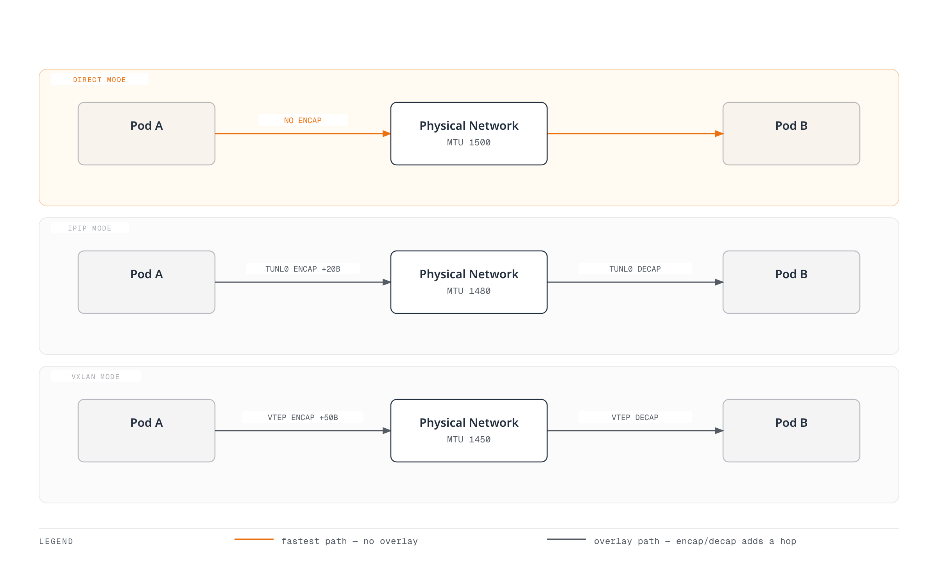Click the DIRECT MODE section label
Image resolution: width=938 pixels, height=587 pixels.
tap(99, 80)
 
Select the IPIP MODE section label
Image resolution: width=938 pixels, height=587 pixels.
tap(90, 228)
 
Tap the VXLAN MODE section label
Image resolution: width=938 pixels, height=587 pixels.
tap(95, 377)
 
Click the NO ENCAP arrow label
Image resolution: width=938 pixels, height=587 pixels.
tap(303, 120)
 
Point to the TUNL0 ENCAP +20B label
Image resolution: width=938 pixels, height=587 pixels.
tap(303, 269)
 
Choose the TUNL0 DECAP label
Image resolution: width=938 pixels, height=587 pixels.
tap(635, 269)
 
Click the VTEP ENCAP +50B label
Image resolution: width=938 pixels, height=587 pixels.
tap(303, 417)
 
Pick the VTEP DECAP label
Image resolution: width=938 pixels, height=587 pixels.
tap(635, 417)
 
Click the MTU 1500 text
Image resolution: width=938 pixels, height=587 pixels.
tap(469, 143)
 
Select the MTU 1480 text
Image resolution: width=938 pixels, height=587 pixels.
tap(469, 291)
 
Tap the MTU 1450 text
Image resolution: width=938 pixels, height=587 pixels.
tap(469, 440)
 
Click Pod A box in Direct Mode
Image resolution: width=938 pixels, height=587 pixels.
tap(147, 134)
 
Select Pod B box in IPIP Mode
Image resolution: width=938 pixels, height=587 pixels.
tap(791, 282)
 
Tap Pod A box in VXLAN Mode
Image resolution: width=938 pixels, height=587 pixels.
tap(147, 431)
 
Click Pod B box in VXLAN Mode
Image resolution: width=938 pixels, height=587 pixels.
tap(791, 431)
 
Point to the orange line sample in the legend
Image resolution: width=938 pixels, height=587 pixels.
tap(254, 539)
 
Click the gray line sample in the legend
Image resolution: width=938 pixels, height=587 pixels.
tap(567, 539)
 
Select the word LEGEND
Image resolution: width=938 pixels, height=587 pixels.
tap(56, 542)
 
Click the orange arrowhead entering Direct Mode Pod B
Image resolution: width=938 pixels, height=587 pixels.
tap(719, 134)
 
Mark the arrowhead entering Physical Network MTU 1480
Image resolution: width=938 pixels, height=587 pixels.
tap(387, 282)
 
